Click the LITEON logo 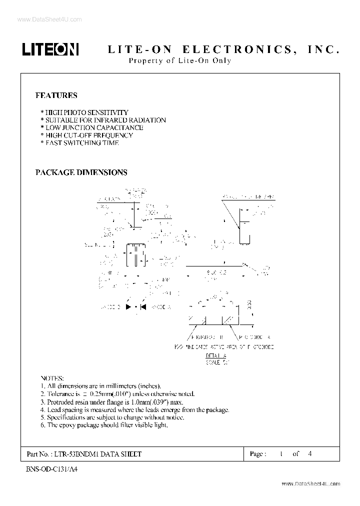point(50,48)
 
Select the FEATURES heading point(56,95)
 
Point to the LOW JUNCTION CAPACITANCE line point(91,127)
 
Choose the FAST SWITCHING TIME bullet point(79,142)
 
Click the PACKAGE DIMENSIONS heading point(81,172)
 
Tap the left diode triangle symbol point(129,306)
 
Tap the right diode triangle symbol point(143,306)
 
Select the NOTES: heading point(51,378)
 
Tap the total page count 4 point(310,454)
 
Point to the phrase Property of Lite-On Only point(180,61)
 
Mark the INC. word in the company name point(323,49)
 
